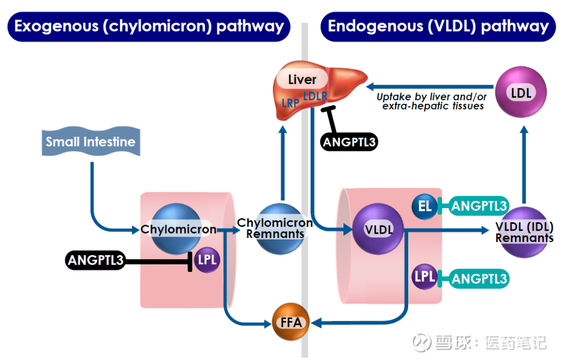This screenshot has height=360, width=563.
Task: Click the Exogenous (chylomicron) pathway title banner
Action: [149, 26]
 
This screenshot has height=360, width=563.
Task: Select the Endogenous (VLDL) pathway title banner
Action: [438, 26]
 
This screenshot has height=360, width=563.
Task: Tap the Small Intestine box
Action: [90, 141]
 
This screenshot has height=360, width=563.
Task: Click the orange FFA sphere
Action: [291, 322]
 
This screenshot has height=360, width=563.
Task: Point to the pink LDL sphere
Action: [521, 93]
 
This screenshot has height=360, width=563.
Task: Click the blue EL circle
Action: [425, 206]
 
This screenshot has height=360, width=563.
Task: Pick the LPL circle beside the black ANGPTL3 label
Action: [207, 260]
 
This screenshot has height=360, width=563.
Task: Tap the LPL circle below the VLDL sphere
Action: [425, 277]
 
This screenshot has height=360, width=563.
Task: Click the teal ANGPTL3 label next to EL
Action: [479, 206]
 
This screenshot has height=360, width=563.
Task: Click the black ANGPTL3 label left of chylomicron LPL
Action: [96, 260]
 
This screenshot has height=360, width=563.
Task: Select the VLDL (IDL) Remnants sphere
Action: [524, 233]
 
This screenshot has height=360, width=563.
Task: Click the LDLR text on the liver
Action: [315, 96]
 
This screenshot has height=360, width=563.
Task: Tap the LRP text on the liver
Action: [290, 103]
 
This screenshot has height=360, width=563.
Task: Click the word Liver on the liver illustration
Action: [302, 79]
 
